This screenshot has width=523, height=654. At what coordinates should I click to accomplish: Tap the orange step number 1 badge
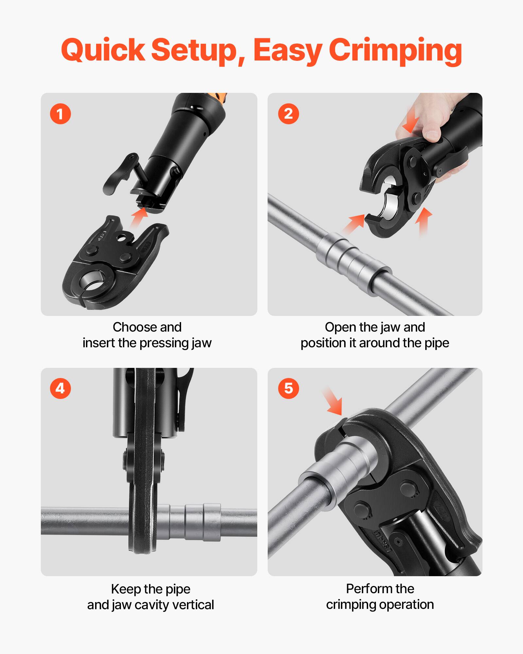60,114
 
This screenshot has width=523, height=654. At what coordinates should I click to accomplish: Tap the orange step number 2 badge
288,114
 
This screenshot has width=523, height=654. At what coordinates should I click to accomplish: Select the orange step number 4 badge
60,388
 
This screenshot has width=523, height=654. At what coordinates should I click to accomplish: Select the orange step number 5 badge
288,388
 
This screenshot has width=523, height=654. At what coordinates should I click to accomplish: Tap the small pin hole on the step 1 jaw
124,238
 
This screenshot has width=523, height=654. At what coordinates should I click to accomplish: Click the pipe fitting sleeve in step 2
353,260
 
